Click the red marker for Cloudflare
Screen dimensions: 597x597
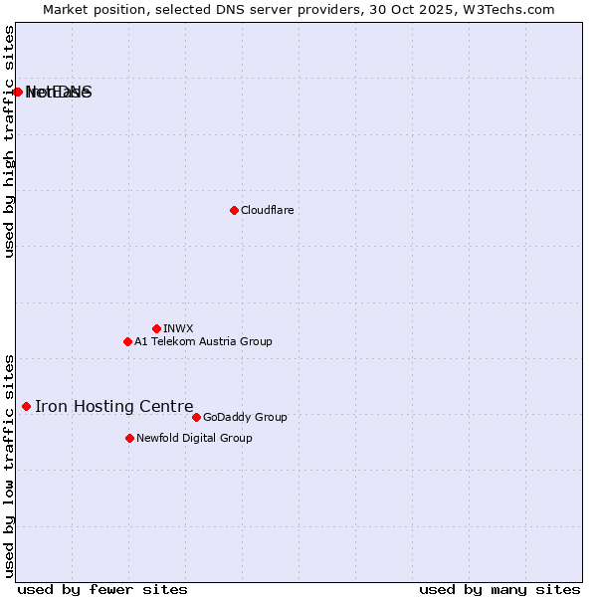[x=234, y=210]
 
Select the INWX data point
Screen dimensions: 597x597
[x=156, y=328]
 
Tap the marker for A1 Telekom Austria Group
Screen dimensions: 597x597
[x=127, y=341]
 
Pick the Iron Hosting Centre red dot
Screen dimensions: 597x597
[x=26, y=406]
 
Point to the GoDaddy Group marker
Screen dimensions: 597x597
[x=196, y=417]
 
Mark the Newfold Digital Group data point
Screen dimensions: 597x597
[x=129, y=438]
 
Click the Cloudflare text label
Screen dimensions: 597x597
[x=267, y=210]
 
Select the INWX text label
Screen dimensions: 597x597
[x=178, y=328]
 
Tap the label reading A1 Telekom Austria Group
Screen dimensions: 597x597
[x=203, y=341]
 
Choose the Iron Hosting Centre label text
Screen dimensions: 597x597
[x=113, y=406]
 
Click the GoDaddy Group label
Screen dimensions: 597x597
[x=245, y=417]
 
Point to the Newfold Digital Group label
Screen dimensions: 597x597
[x=194, y=438]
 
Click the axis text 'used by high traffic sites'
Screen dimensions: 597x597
[x=10, y=142]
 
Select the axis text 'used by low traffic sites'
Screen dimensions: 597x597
[x=10, y=465]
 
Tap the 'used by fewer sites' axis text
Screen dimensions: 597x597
[x=102, y=589]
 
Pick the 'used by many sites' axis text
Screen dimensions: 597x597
[x=499, y=589]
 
